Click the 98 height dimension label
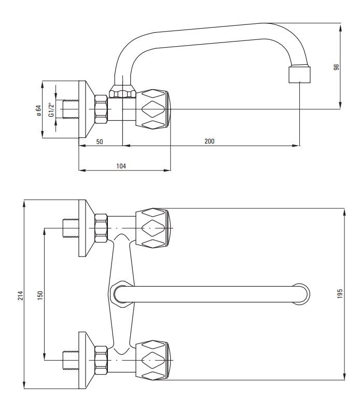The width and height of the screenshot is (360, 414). [x=337, y=67]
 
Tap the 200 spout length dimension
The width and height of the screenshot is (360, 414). [x=210, y=141]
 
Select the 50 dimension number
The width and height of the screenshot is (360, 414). [x=100, y=141]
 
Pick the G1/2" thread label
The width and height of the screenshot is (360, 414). [x=51, y=110]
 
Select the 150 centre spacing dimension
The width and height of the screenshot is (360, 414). [x=40, y=295]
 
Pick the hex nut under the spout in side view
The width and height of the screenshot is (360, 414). [x=122, y=94]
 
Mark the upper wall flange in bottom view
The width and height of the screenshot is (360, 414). [x=83, y=227]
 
